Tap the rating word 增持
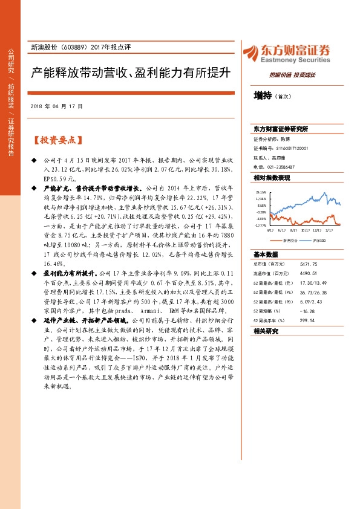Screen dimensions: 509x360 click(x=262, y=96)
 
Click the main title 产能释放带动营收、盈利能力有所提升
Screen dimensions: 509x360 click(x=132, y=74)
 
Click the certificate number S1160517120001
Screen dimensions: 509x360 click(x=292, y=148)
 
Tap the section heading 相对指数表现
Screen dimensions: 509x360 click(x=272, y=178)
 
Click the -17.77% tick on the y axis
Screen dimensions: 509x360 click(x=261, y=225)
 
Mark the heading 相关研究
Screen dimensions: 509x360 click(x=265, y=331)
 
